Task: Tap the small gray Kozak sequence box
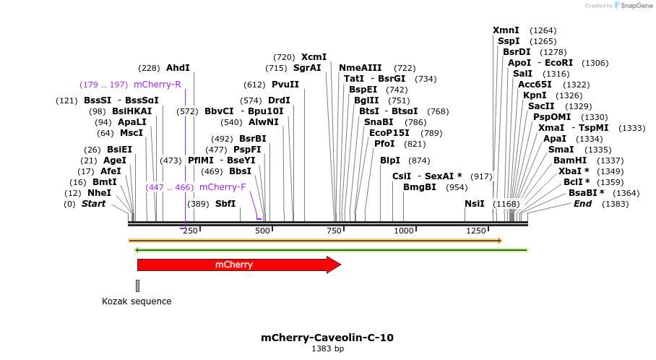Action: pyautogui.click(x=137, y=286)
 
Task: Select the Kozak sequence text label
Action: pyautogui.click(x=137, y=301)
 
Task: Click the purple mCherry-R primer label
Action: pyautogui.click(x=157, y=85)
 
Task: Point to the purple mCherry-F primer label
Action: pyautogui.click(x=223, y=187)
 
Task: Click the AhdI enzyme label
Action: pyautogui.click(x=178, y=68)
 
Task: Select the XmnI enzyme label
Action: pyautogui.click(x=506, y=30)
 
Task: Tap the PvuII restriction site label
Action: pyautogui.click(x=285, y=84)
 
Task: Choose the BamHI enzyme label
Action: pyautogui.click(x=569, y=160)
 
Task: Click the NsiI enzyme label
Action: pyautogui.click(x=475, y=204)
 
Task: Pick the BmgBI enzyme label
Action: pyautogui.click(x=420, y=187)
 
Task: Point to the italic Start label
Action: pyautogui.click(x=93, y=204)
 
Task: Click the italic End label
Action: pyautogui.click(x=582, y=204)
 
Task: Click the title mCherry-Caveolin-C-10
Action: pyautogui.click(x=327, y=338)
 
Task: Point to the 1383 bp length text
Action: pyautogui.click(x=327, y=349)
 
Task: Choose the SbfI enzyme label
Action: pyautogui.click(x=225, y=204)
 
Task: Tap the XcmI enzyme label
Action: pyautogui.click(x=314, y=57)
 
